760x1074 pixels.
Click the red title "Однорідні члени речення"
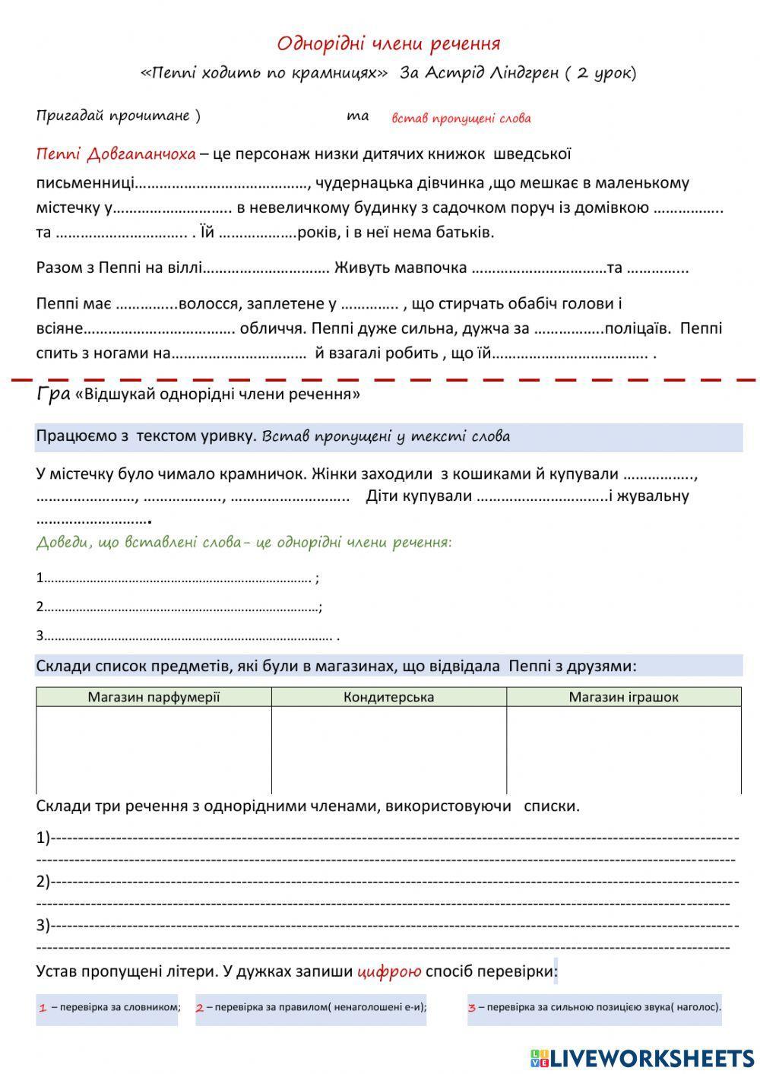388,43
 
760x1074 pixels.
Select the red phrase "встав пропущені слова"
461,119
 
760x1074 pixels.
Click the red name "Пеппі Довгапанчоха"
116,154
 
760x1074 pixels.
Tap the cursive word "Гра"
52,393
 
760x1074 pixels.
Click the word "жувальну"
654,496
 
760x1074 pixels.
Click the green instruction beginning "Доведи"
243,543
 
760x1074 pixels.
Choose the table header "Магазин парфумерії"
154,697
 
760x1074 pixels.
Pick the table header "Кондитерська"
388,697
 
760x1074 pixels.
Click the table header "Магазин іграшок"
623,697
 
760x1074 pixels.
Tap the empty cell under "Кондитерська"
388,749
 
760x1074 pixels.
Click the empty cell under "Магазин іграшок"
623,749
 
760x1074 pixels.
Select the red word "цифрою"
388,971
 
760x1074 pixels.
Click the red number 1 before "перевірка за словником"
43,1009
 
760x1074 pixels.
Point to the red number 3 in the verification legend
472,1009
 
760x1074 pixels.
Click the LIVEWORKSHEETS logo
642,1057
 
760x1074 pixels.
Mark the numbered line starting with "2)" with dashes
388,882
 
